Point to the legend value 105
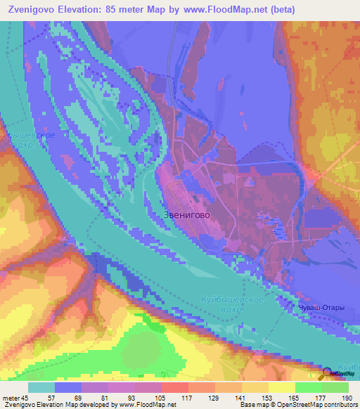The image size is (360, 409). tap(162, 396)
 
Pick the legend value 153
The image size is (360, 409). tap(268, 396)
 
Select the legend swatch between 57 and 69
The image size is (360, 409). tap(68, 387)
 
